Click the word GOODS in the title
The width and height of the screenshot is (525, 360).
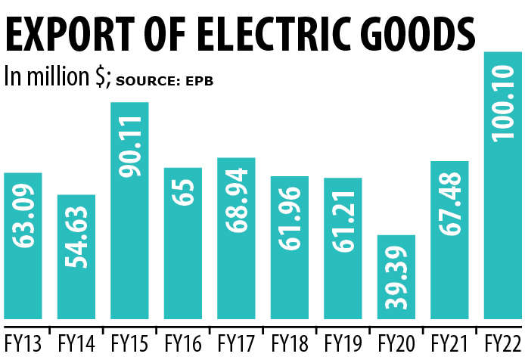[x=420, y=34]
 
